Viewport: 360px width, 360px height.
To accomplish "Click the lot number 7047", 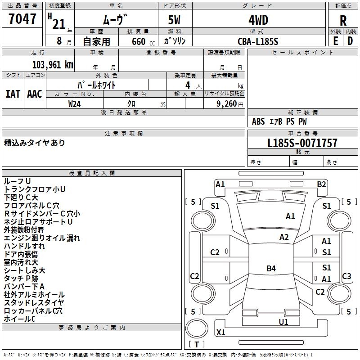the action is [22, 19].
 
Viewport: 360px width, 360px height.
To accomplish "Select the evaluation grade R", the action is [343, 21].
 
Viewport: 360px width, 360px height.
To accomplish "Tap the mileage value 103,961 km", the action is [53, 65].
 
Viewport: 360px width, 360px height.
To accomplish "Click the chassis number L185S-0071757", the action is [302, 143].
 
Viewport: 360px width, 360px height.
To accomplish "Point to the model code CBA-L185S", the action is [258, 41].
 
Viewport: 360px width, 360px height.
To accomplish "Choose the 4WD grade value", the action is [258, 20].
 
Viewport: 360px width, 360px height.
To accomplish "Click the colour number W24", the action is [74, 104].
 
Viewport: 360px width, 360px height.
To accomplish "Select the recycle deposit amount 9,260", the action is [226, 104].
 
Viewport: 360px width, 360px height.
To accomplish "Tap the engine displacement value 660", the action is [139, 42].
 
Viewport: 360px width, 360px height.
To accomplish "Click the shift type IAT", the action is [13, 94].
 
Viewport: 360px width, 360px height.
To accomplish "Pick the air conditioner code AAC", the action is [35, 94].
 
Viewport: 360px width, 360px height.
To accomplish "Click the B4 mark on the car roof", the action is [271, 268].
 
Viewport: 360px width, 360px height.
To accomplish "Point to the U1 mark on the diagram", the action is [283, 322].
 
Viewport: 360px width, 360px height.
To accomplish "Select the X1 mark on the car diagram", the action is [220, 332].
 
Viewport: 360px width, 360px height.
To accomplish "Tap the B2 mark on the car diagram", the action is [321, 184].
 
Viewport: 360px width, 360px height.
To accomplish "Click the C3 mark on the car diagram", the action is [346, 276].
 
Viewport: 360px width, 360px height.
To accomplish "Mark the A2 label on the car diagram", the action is [284, 237].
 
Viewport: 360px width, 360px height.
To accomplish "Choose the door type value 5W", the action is [174, 20].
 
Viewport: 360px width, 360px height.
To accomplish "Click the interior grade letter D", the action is [350, 41].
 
